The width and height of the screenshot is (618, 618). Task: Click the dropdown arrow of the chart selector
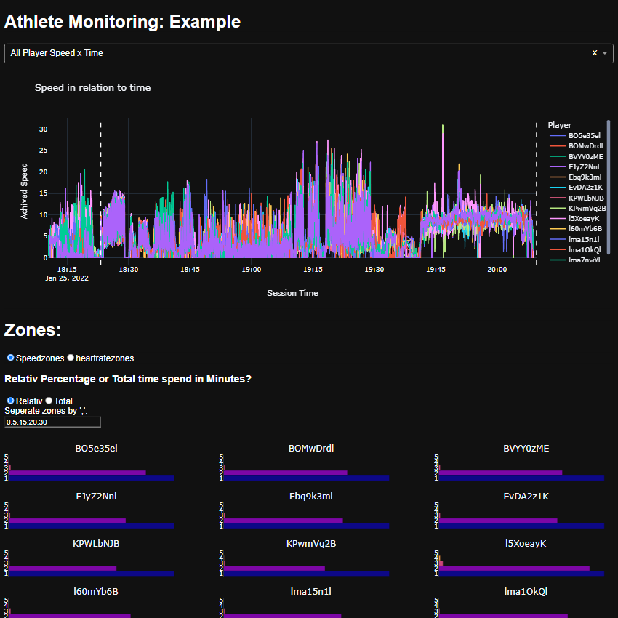[605, 53]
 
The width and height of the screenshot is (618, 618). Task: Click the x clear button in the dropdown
[595, 52]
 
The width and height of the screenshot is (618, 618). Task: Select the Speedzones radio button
[11, 358]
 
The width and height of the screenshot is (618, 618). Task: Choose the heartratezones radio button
[71, 358]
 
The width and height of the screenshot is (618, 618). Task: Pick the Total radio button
[49, 401]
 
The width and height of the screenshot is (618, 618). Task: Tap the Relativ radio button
[11, 401]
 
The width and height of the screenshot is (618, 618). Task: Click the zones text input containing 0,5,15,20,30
[52, 422]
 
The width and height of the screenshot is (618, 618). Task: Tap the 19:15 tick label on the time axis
[313, 269]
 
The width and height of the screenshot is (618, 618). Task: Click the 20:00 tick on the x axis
[497, 269]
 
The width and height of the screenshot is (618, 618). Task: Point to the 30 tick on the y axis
[43, 129]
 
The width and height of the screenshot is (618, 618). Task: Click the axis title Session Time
[292, 293]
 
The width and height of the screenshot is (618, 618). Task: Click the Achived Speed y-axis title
[24, 190]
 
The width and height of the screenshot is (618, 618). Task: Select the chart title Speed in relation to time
[93, 87]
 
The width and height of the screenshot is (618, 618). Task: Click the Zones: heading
[33, 330]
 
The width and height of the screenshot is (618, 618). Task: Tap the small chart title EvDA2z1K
[526, 497]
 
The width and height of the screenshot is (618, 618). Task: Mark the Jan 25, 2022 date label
[67, 278]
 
